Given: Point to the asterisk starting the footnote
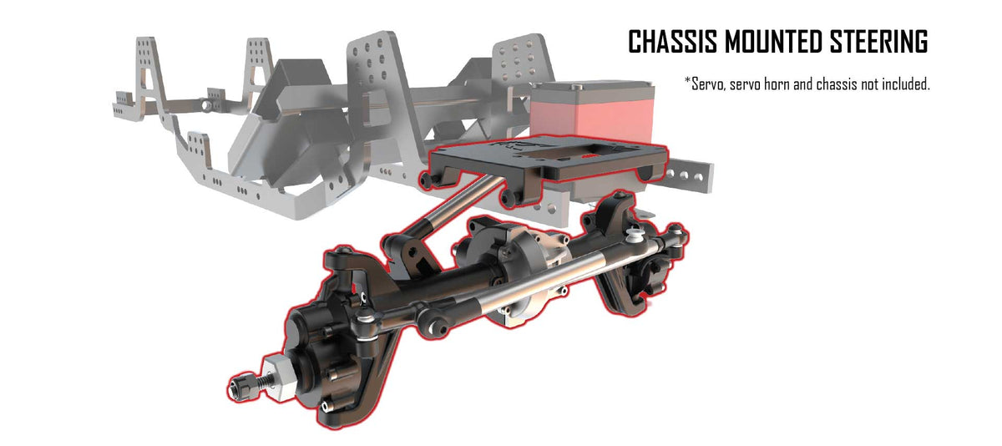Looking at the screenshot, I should coord(687,82).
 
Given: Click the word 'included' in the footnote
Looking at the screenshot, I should coord(902,84).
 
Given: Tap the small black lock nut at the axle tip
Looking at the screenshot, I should coord(240,386).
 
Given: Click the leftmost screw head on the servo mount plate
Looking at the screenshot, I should coord(428,180).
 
